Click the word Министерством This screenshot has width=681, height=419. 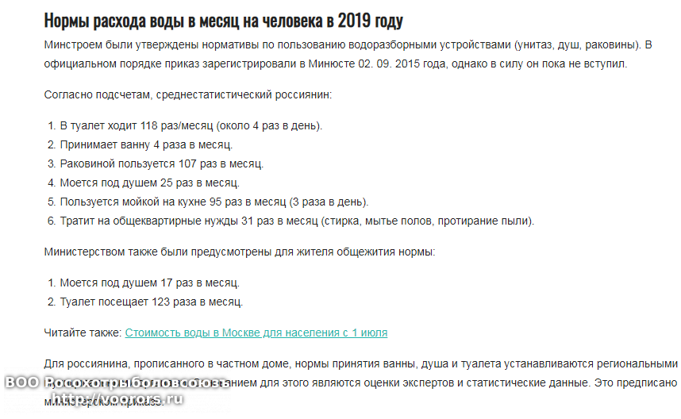tap(83, 252)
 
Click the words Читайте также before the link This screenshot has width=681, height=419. tap(82, 333)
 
